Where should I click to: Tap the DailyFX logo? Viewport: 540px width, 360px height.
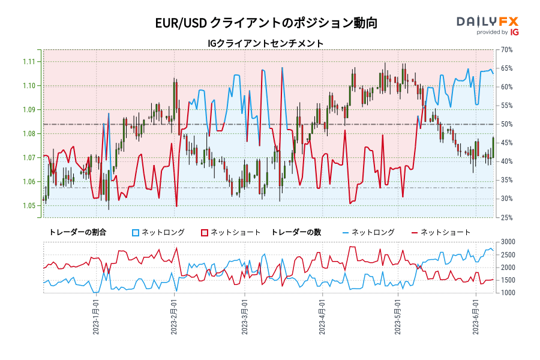pos(487,22)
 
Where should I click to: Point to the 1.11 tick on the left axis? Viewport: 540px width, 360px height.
pos(28,61)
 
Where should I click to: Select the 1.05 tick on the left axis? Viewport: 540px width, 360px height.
pos(28,206)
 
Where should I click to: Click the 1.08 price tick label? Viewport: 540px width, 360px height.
pos(28,133)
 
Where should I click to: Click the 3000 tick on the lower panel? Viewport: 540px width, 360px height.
pos(506,242)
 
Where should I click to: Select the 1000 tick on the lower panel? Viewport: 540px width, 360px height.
pos(506,293)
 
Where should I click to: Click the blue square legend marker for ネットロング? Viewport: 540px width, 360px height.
pos(136,232)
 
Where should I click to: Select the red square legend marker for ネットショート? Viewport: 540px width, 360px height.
pos(204,232)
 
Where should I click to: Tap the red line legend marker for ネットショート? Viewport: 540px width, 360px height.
pos(415,232)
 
